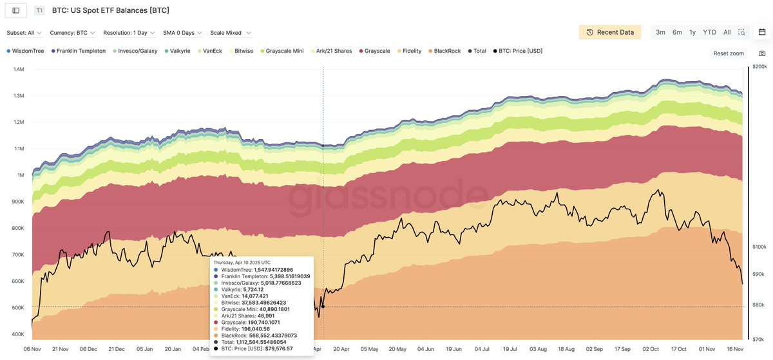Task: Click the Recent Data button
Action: coord(609,32)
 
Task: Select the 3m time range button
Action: coord(660,32)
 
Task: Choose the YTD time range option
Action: coord(709,32)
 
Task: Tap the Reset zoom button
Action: coord(729,53)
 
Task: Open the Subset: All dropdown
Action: coord(24,33)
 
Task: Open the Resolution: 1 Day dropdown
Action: coord(129,33)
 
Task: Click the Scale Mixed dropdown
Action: coord(231,33)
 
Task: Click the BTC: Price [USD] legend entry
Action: coord(519,51)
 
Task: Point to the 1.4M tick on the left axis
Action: coord(19,69)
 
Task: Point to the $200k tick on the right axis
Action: coord(759,66)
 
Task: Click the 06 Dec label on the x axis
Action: coord(88,350)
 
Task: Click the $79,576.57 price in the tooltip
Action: coord(274,348)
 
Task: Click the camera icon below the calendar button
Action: coord(762,53)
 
